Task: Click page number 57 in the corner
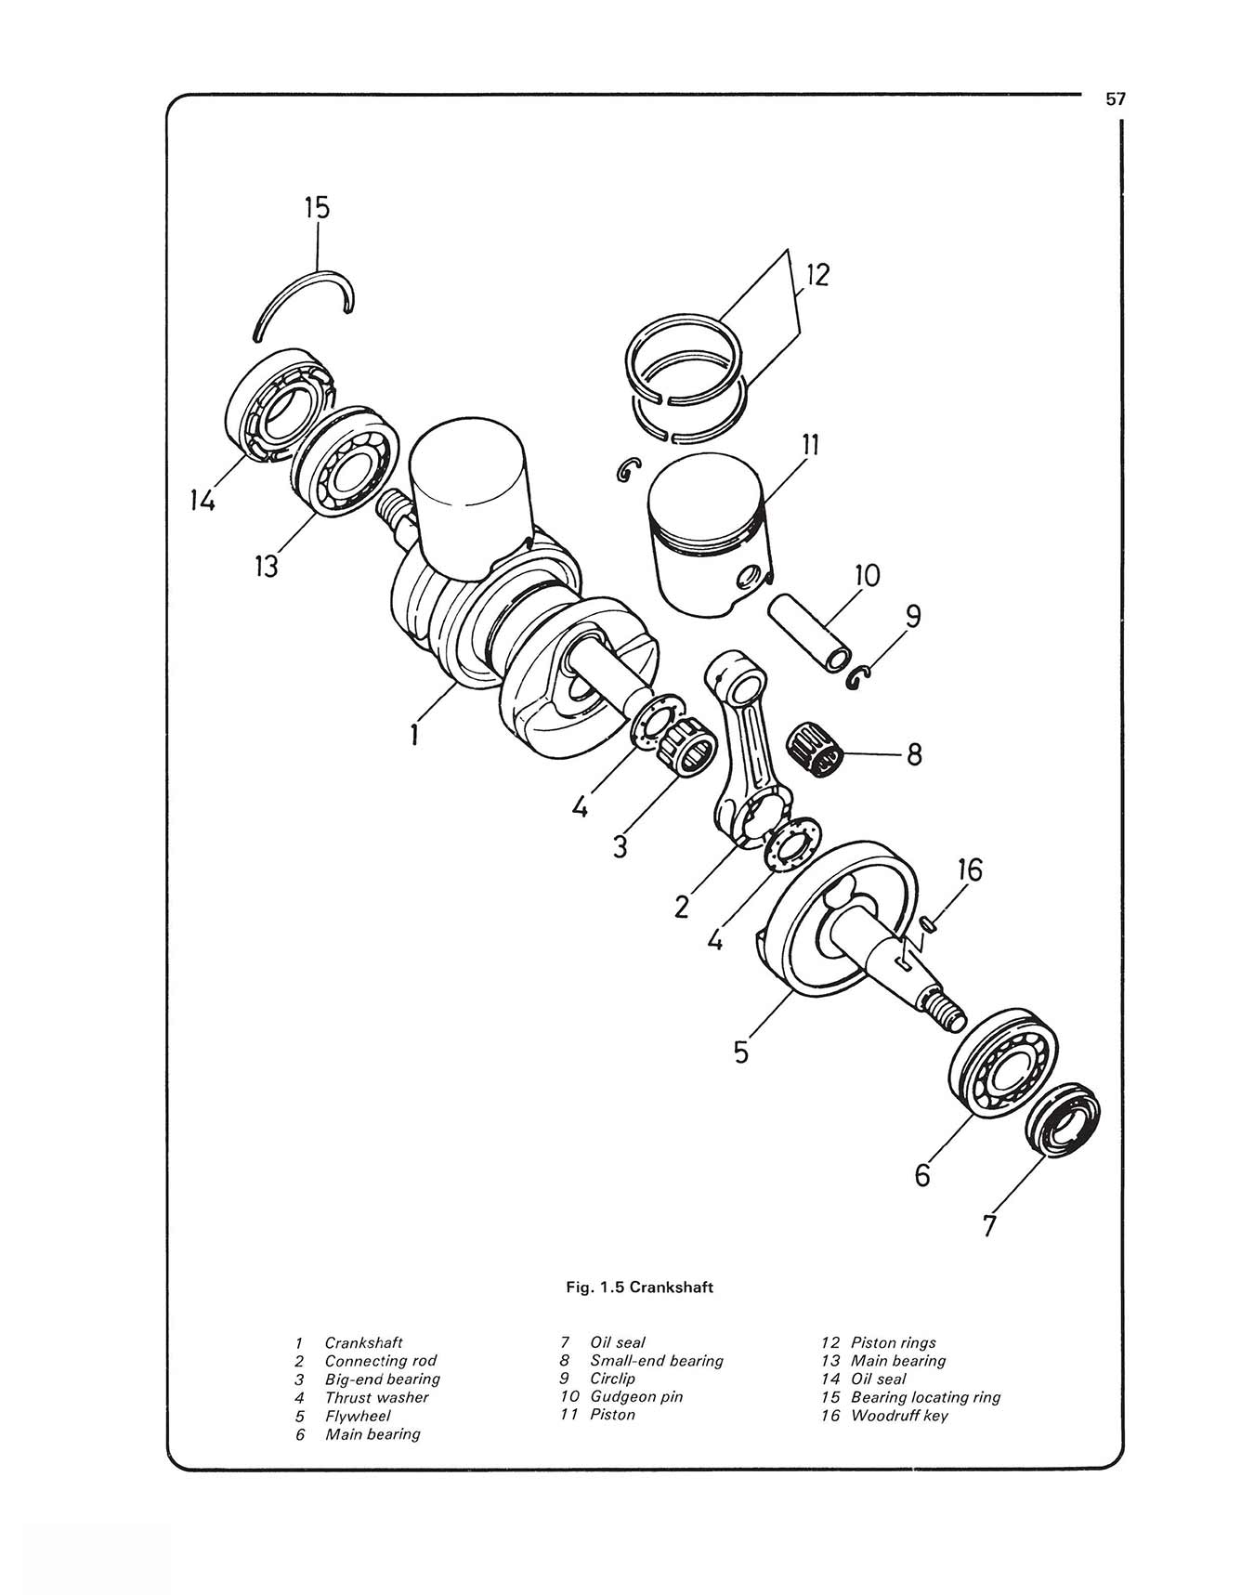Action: (1116, 99)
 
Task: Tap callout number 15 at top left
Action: (317, 207)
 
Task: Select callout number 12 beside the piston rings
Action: (818, 275)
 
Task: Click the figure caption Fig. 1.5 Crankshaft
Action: (640, 1288)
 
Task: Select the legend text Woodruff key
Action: (899, 1416)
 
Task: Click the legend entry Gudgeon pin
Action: (636, 1396)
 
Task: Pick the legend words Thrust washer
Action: (376, 1397)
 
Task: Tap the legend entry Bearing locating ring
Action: (925, 1397)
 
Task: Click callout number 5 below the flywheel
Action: (740, 1052)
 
